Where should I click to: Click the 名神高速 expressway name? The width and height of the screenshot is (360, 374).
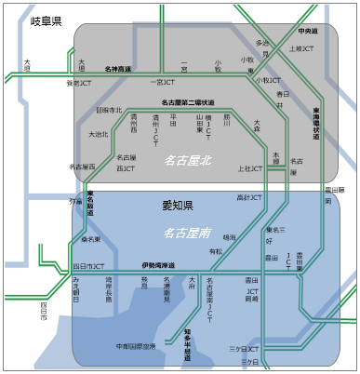click(118, 69)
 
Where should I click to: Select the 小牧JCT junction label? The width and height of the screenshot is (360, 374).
click(270, 80)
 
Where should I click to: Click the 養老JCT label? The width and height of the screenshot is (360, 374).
click(79, 83)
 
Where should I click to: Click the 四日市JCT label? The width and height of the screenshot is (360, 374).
click(87, 267)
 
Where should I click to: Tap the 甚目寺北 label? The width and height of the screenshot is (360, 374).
click(110, 110)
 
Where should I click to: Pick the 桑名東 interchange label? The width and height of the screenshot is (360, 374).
click(90, 239)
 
